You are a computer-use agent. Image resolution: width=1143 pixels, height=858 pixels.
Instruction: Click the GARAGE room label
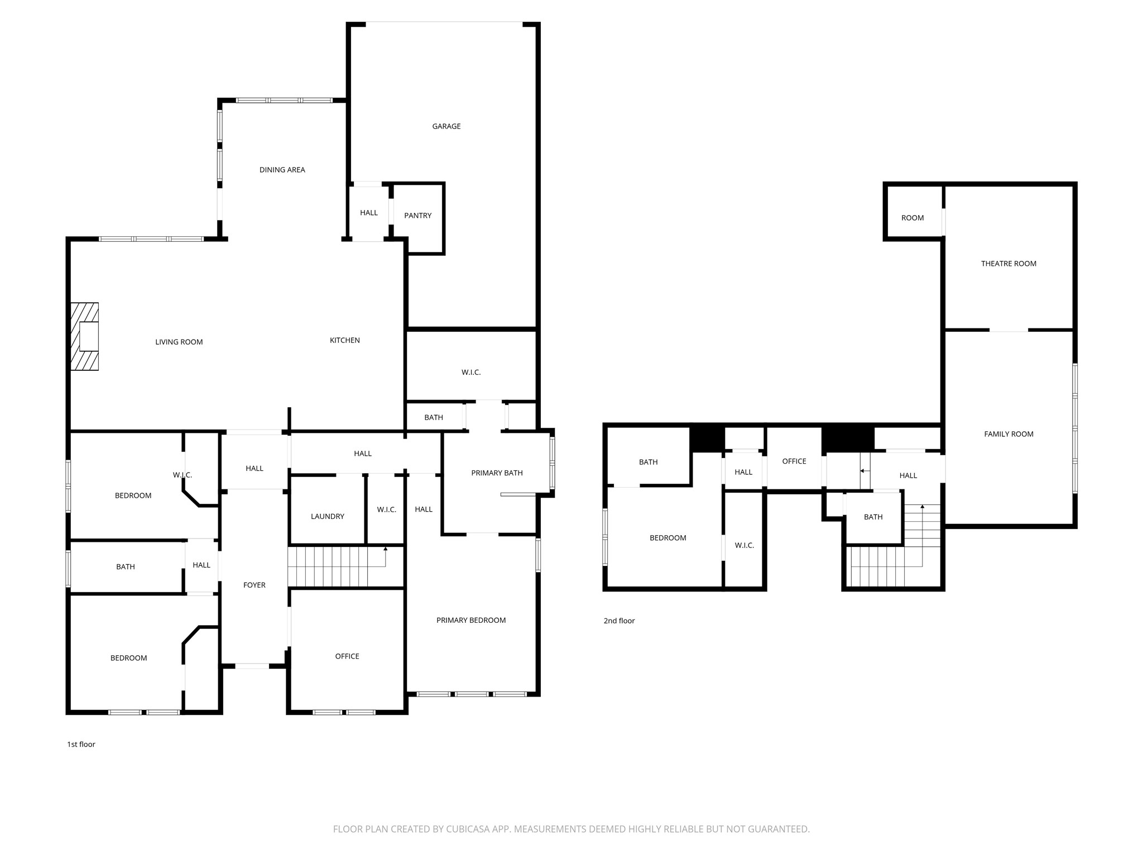tap(446, 126)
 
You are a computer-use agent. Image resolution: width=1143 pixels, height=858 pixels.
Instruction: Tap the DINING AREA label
tap(282, 170)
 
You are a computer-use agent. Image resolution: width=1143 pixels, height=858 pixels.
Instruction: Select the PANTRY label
tap(418, 216)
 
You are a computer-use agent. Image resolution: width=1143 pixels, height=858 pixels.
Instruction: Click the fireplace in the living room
tap(85, 336)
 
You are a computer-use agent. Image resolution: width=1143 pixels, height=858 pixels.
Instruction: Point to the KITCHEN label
tap(345, 340)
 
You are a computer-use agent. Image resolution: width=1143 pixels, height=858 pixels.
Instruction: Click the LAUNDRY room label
tap(328, 517)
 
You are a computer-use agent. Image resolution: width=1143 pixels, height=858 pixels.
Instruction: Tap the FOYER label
tap(254, 585)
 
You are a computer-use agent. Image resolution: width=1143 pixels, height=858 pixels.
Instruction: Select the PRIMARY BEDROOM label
tap(471, 620)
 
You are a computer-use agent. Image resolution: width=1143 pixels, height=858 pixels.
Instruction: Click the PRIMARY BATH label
tap(497, 473)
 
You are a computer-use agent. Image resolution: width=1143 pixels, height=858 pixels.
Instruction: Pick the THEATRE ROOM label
tap(1009, 264)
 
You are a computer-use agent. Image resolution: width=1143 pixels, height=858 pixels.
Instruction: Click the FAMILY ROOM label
tap(1009, 434)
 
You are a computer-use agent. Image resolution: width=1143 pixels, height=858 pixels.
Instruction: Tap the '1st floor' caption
tap(81, 744)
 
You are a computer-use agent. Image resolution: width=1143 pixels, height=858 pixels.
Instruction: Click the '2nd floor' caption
tap(619, 621)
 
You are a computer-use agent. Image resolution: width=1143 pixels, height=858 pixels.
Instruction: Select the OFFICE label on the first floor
tap(347, 656)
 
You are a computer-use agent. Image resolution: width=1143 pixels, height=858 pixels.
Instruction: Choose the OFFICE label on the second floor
tap(794, 461)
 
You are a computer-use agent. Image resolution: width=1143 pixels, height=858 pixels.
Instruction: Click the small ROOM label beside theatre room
tap(913, 218)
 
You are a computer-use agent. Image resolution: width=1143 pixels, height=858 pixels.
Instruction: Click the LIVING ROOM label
tap(179, 342)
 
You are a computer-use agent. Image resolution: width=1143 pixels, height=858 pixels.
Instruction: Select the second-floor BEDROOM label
tap(668, 538)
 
